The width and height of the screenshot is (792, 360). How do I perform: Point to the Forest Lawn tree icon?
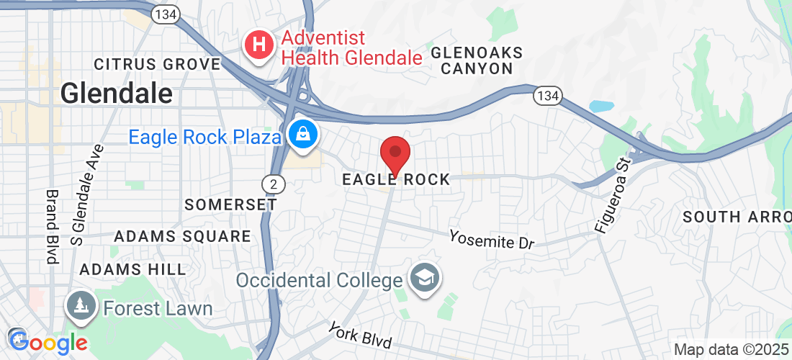pyautogui.click(x=81, y=307)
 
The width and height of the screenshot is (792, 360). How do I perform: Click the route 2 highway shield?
pyautogui.click(x=273, y=185)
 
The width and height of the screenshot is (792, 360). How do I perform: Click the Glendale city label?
pyautogui.click(x=116, y=93)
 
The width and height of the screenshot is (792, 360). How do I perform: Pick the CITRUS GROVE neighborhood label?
pyautogui.click(x=157, y=64)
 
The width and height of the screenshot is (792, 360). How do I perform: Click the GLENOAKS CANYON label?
pyautogui.click(x=476, y=60)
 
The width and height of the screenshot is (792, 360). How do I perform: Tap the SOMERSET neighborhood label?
pyautogui.click(x=230, y=204)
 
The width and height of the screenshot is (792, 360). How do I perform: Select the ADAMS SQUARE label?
pyautogui.click(x=183, y=236)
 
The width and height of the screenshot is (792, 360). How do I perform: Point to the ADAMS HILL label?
pyautogui.click(x=132, y=269)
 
